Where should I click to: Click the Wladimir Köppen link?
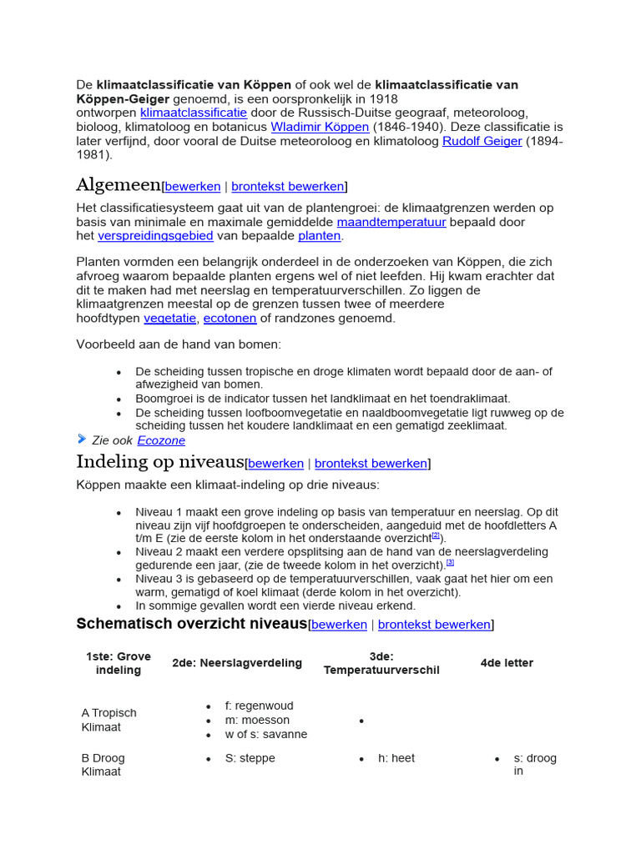pos(320,127)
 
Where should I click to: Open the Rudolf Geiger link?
pos(482,141)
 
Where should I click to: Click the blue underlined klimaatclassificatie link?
pos(194,112)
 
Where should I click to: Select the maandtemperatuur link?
pos(391,222)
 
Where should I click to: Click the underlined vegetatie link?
pos(170,318)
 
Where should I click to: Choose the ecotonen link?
pos(230,318)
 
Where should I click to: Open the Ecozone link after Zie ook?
pos(161,440)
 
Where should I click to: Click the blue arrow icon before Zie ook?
pos(82,439)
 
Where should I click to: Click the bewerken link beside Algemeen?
pos(193,186)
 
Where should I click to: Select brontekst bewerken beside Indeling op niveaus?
pos(371,463)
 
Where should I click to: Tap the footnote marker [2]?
pos(435,535)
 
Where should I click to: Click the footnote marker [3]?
pos(450,562)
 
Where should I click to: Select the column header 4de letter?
pos(507,663)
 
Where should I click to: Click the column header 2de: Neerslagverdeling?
pos(237,663)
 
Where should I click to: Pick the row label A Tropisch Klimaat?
pos(109,720)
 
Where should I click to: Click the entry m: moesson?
pos(257,720)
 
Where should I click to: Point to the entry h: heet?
pos(396,758)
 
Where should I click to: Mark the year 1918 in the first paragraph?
pos(384,98)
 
